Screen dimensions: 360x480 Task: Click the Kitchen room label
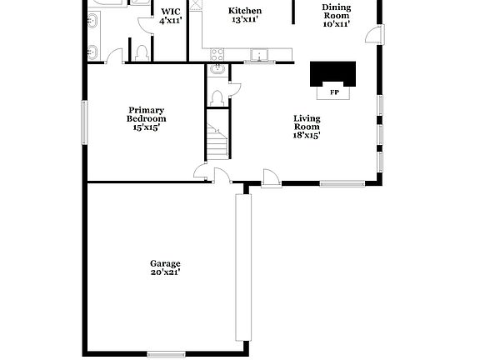(245, 11)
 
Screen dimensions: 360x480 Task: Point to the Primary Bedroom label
(145, 114)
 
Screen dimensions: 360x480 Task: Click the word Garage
(165, 263)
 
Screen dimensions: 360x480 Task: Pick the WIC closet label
(170, 12)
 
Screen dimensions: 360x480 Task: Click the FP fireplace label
(334, 92)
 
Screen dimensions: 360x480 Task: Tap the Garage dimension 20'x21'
(165, 272)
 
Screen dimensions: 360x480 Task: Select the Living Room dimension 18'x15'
(306, 135)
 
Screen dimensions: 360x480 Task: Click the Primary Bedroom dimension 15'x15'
(145, 127)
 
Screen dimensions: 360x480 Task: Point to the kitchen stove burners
(218, 54)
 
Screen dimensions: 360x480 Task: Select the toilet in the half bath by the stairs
(218, 98)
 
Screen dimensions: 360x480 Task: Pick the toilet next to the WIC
(142, 52)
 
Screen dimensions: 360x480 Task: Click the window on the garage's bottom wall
(166, 353)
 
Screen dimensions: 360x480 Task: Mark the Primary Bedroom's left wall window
(83, 121)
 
